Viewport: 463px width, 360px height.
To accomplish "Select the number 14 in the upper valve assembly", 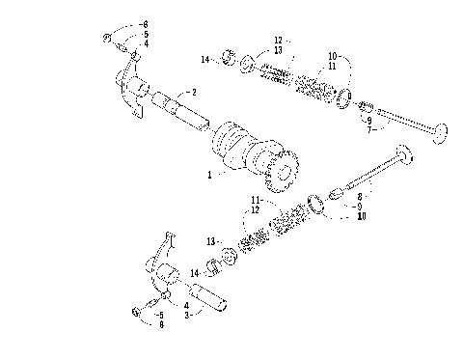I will pyautogui.click(x=204, y=60).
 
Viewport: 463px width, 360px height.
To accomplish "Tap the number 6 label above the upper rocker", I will pyautogui.click(x=146, y=22).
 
